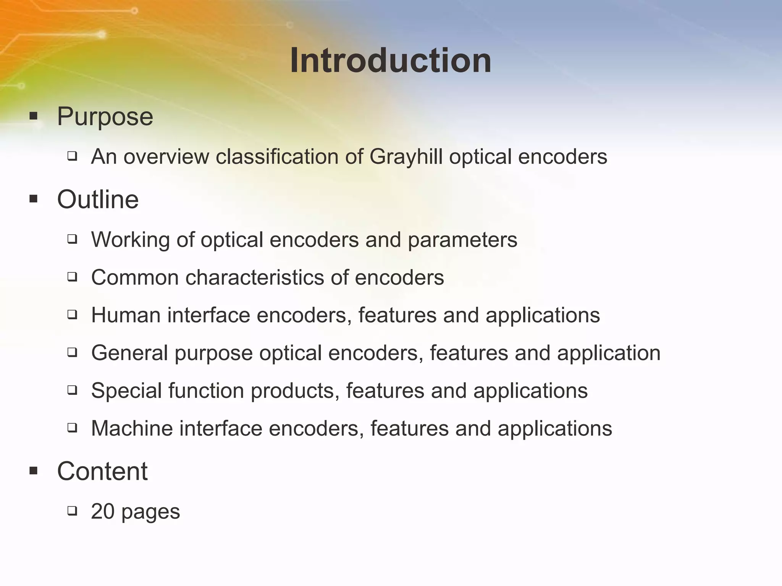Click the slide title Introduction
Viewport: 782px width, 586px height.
[390, 61]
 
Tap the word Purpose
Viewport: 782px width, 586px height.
[105, 116]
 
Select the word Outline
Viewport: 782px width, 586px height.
[98, 200]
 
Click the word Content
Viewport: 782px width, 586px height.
[102, 471]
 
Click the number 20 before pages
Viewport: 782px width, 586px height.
[103, 511]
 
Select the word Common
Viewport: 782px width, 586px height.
[135, 277]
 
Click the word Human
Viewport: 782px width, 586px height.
[126, 315]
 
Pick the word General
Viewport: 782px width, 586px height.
[129, 353]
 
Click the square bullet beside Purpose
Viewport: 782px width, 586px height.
[34, 116]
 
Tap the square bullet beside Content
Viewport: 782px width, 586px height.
[34, 471]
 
